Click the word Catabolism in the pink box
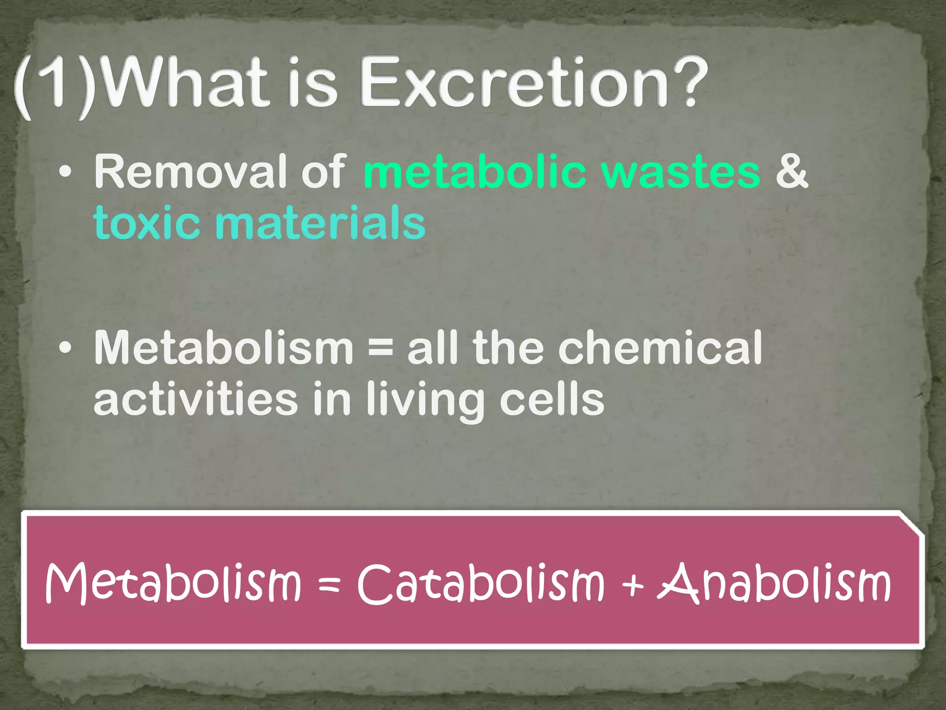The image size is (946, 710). click(x=481, y=584)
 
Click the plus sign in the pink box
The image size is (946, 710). click(x=632, y=585)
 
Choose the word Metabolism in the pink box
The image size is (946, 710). click(x=173, y=584)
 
